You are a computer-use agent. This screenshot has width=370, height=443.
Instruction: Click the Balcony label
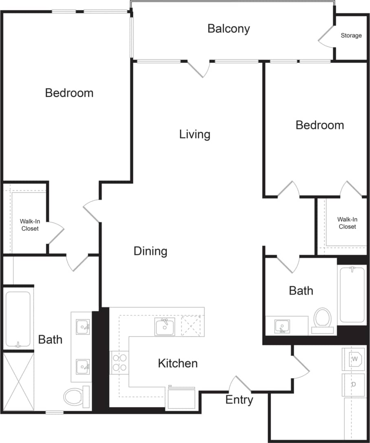click(228, 28)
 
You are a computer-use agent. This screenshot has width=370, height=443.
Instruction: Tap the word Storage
click(351, 35)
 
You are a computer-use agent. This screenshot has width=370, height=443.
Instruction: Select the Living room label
click(195, 134)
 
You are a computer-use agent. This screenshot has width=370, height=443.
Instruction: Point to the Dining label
click(150, 251)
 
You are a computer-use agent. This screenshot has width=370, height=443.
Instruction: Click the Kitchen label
click(178, 363)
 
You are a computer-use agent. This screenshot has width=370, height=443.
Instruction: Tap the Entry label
click(239, 400)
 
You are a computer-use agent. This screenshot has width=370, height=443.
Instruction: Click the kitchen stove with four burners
click(119, 362)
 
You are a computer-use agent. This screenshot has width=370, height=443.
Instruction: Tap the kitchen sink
click(165, 327)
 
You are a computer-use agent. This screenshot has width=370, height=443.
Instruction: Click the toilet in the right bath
click(323, 319)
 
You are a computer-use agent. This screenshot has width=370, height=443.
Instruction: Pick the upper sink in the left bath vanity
click(84, 326)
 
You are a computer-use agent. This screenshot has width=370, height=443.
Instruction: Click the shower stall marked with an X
click(18, 382)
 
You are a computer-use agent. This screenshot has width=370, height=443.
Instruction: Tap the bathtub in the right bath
click(352, 295)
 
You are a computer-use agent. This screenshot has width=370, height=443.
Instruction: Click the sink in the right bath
click(282, 326)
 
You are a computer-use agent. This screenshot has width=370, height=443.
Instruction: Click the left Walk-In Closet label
click(30, 225)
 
